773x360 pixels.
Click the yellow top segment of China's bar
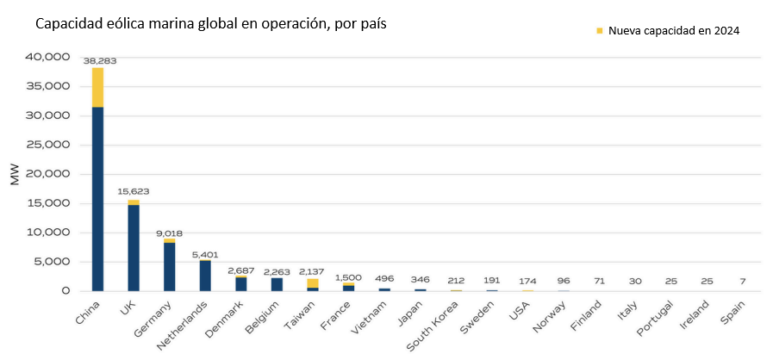pyautogui.click(x=98, y=87)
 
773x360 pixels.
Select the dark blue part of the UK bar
pyautogui.click(x=134, y=247)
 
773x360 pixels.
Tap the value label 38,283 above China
pyautogui.click(x=99, y=61)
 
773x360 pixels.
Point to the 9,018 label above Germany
pyautogui.click(x=169, y=233)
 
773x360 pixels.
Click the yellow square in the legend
pyautogui.click(x=600, y=31)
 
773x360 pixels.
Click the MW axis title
pyautogui.click(x=15, y=174)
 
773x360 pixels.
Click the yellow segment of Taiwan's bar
pyautogui.click(x=312, y=283)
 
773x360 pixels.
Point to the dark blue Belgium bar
pyautogui.click(x=277, y=284)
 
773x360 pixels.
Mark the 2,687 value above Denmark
pyautogui.click(x=240, y=270)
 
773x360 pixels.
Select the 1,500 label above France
pyautogui.click(x=348, y=276)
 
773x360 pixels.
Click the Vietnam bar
pyautogui.click(x=383, y=289)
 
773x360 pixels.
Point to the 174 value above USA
pyautogui.click(x=527, y=282)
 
